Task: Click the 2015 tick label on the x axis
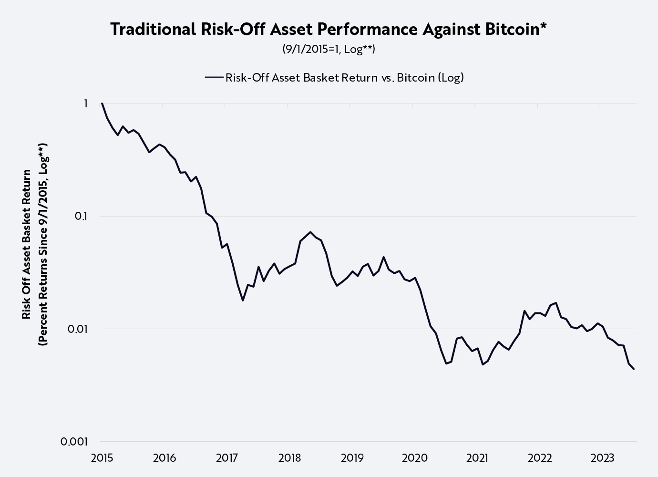[102, 458]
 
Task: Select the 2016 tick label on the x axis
[164, 458]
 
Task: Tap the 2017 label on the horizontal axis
[227, 458]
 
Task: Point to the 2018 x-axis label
[289, 458]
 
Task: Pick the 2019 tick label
[352, 458]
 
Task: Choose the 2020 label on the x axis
[415, 458]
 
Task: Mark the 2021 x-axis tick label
[477, 458]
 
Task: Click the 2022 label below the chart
[540, 458]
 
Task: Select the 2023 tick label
[602, 458]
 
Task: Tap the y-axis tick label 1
[86, 104]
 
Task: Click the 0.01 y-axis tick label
[78, 329]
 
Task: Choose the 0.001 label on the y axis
[75, 442]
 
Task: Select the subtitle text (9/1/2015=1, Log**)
[329, 50]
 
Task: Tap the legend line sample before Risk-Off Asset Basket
[214, 78]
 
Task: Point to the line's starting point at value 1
[102, 104]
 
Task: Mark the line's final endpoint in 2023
[634, 369]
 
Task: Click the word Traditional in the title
[153, 30]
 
